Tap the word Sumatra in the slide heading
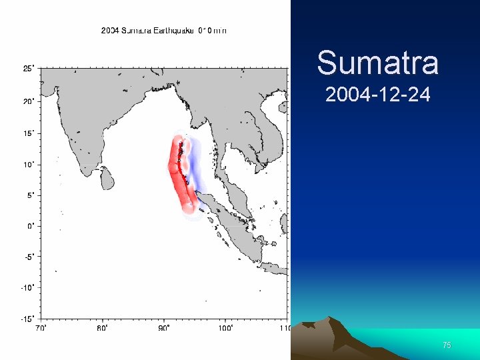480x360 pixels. coord(377,63)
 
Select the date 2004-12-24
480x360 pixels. coord(377,95)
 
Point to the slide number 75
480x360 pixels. coord(447,345)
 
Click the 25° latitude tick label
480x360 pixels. coord(29,68)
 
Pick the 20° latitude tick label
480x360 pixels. coord(29,101)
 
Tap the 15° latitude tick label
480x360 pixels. coord(29,133)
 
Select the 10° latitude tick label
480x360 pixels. coord(29,164)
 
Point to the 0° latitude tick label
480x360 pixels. coord(31,225)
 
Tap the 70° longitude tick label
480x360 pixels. coord(41,328)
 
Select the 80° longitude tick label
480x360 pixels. coord(102,328)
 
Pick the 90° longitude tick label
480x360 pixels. coord(163,328)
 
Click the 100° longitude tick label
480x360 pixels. coord(225,328)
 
